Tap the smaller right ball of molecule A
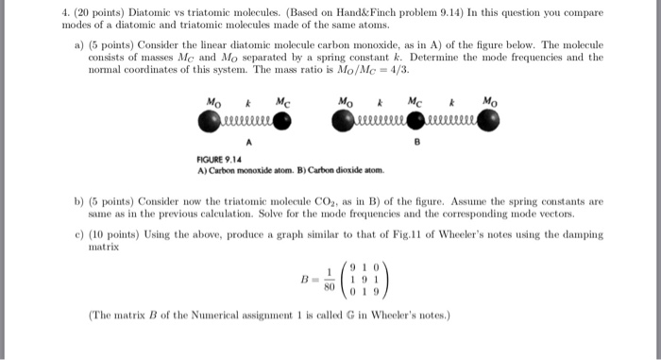[x=282, y=119]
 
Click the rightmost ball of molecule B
[x=488, y=119]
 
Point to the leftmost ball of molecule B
[x=343, y=119]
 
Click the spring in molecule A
[x=246, y=119]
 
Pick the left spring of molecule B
[x=379, y=119]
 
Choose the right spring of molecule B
[x=451, y=119]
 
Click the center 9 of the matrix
[x=364, y=280]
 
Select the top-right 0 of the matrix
[x=377, y=267]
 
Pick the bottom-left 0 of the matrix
[x=352, y=292]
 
